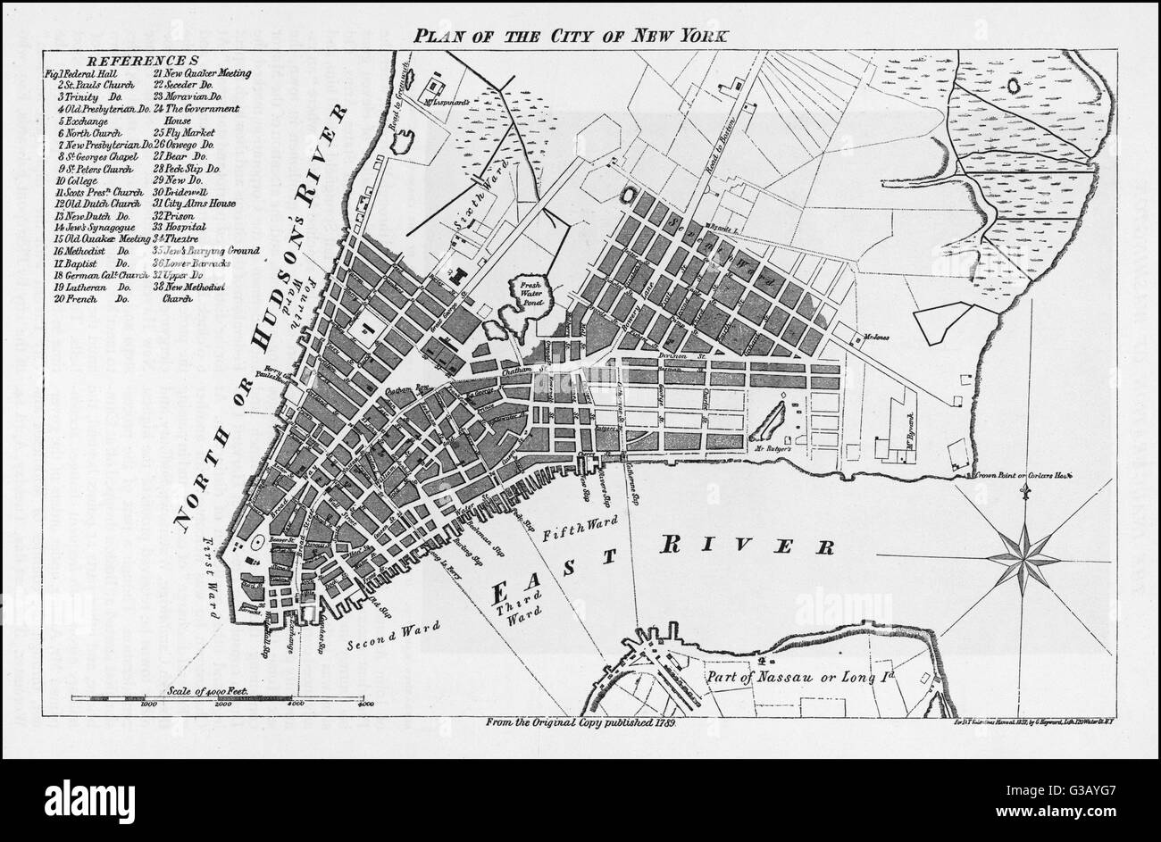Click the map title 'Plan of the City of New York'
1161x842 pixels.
click(571, 37)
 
